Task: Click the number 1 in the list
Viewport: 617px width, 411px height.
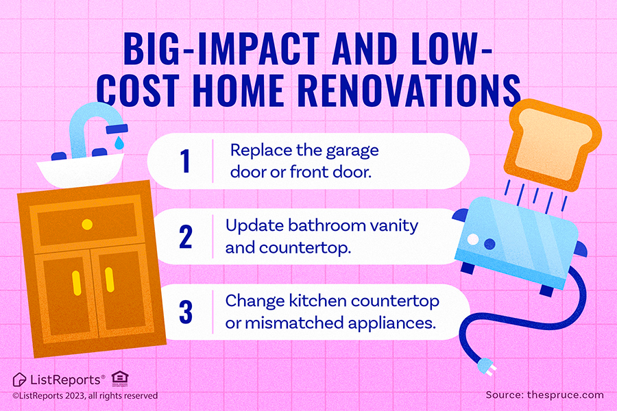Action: (x=185, y=161)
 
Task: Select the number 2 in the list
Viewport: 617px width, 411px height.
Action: (x=186, y=237)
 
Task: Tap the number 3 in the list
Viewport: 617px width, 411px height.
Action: (x=186, y=312)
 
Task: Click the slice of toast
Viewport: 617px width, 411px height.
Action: (x=552, y=145)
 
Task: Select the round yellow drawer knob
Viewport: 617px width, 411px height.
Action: (x=87, y=225)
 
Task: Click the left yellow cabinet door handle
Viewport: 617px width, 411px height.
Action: (x=77, y=283)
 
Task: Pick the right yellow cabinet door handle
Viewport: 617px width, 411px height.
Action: (x=110, y=280)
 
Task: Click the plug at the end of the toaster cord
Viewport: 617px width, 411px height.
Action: (x=485, y=367)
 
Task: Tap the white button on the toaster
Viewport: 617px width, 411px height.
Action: (x=472, y=239)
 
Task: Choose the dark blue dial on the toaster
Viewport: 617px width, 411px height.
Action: (x=489, y=244)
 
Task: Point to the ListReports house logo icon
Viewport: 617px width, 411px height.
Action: (x=19, y=379)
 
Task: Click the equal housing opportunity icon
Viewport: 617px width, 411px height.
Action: (x=119, y=379)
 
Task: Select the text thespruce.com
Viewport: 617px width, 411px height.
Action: (x=565, y=395)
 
